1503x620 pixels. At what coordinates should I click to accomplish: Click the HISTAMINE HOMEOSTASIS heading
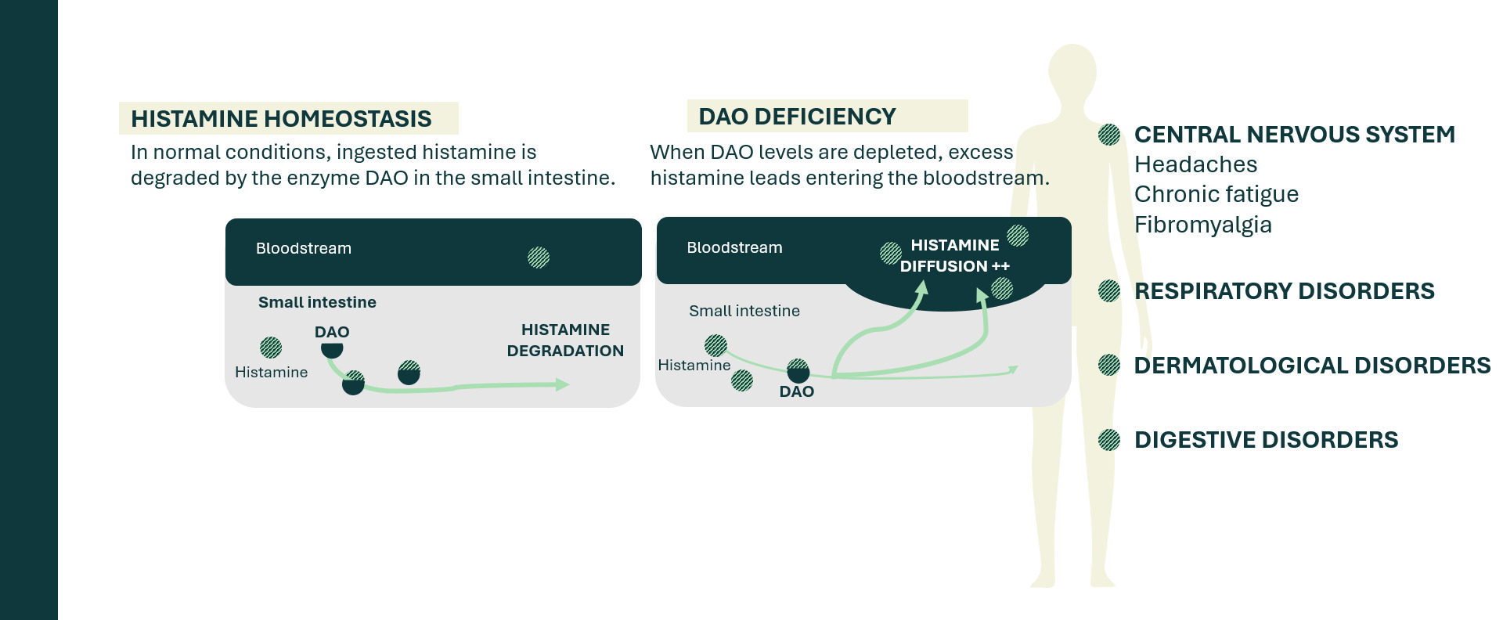pos(281,118)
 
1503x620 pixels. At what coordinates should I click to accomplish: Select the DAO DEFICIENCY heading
pos(797,117)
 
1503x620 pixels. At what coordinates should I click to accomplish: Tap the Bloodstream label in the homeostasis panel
pos(304,248)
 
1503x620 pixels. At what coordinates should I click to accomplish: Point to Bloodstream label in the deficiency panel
pos(734,247)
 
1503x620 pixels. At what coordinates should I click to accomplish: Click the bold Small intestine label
pos(317,302)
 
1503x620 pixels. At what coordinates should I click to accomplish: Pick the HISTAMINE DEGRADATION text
pos(565,341)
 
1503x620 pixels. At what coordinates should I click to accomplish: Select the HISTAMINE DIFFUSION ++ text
pos(955,256)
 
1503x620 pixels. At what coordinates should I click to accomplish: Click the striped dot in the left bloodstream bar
pos(539,258)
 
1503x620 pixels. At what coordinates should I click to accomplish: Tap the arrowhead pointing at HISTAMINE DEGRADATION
pos(562,384)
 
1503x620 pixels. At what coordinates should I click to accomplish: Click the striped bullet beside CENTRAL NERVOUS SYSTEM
pos(1109,135)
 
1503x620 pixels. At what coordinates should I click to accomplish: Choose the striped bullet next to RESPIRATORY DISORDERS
pos(1109,291)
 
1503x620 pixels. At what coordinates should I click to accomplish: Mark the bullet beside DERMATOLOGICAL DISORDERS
pos(1109,365)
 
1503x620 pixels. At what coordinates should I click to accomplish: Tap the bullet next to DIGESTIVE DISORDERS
pos(1109,440)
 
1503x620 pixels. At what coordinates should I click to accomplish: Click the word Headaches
pos(1195,164)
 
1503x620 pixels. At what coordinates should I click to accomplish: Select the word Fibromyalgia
pos(1202,225)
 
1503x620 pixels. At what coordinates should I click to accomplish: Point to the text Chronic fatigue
pos(1216,194)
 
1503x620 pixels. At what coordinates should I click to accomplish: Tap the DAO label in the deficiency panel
pos(797,391)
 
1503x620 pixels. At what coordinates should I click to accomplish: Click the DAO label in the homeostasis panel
pos(332,332)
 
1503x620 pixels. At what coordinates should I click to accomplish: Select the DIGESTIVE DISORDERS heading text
pos(1266,440)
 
